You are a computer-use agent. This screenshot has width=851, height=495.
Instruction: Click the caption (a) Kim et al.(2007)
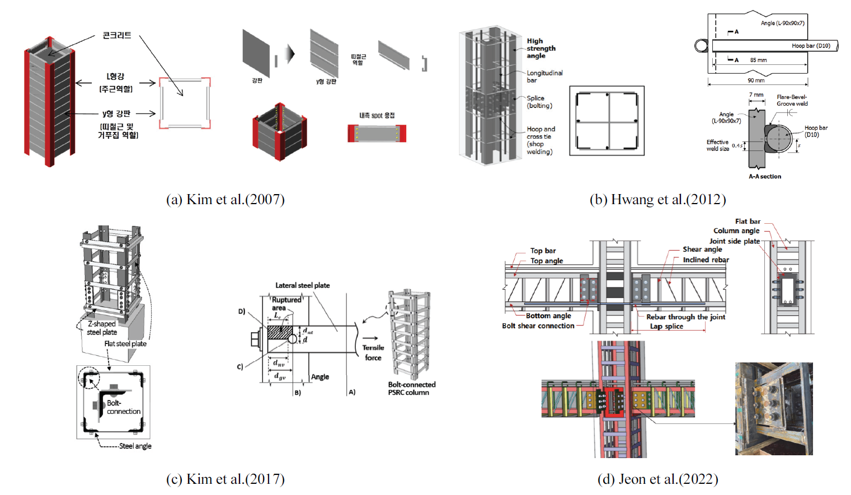(x=225, y=200)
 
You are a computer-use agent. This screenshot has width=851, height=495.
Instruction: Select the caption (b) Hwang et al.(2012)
(x=657, y=200)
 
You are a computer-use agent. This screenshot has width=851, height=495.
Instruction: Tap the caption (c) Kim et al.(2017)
(x=225, y=479)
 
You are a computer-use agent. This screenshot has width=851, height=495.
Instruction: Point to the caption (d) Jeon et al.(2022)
(x=657, y=479)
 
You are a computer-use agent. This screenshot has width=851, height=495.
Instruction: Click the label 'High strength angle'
(x=540, y=49)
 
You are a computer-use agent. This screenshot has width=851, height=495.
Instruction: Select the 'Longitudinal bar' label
(x=544, y=77)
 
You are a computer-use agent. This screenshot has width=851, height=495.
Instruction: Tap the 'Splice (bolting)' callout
(x=539, y=102)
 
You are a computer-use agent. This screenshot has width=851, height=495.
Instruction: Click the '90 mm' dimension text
(x=756, y=81)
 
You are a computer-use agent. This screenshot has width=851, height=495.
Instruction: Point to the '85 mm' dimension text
(x=758, y=60)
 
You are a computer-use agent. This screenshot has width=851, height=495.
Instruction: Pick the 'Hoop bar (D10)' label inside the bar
(x=811, y=46)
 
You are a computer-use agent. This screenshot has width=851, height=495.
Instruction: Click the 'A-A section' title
(x=765, y=176)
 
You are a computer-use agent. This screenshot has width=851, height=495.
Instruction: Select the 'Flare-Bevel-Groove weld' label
(x=792, y=100)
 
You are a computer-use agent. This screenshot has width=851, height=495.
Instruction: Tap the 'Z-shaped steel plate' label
(x=102, y=328)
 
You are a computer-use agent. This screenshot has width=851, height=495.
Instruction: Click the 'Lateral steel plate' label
(x=302, y=285)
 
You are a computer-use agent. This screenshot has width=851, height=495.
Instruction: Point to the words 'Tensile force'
(x=373, y=352)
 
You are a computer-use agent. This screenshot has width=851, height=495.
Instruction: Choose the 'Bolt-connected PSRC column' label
(x=411, y=388)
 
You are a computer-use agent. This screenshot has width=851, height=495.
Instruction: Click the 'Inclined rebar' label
(x=706, y=260)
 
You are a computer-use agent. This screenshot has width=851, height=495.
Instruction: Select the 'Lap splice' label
(x=666, y=326)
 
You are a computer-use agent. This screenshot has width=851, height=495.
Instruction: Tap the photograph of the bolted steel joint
(x=774, y=408)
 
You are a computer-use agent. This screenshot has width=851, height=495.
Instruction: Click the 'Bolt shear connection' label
(x=538, y=326)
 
